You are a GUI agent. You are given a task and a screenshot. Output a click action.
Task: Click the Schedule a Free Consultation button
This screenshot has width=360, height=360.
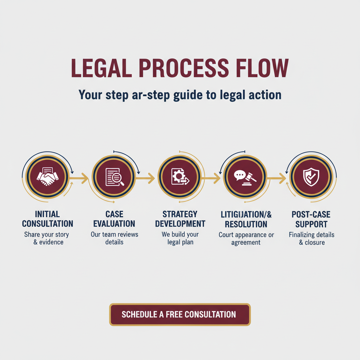(180, 314)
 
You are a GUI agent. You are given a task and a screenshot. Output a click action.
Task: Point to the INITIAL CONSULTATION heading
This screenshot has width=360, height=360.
(48, 219)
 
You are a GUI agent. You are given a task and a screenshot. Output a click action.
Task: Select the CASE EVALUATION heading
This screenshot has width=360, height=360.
(114, 219)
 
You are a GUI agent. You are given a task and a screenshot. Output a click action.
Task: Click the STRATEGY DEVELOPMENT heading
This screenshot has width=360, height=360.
(180, 219)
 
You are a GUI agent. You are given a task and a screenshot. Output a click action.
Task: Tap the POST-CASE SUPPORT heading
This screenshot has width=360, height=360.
(311, 219)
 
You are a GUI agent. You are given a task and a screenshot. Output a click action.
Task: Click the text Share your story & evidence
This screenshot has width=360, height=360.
(46, 238)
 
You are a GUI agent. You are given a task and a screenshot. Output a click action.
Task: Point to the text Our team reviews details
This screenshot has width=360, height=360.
(114, 238)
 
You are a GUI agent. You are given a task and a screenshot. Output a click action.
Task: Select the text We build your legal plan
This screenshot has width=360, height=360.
(180, 238)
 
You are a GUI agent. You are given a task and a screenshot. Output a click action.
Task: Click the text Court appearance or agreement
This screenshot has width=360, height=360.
(246, 239)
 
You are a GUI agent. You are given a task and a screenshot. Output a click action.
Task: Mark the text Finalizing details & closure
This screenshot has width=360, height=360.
(311, 239)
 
